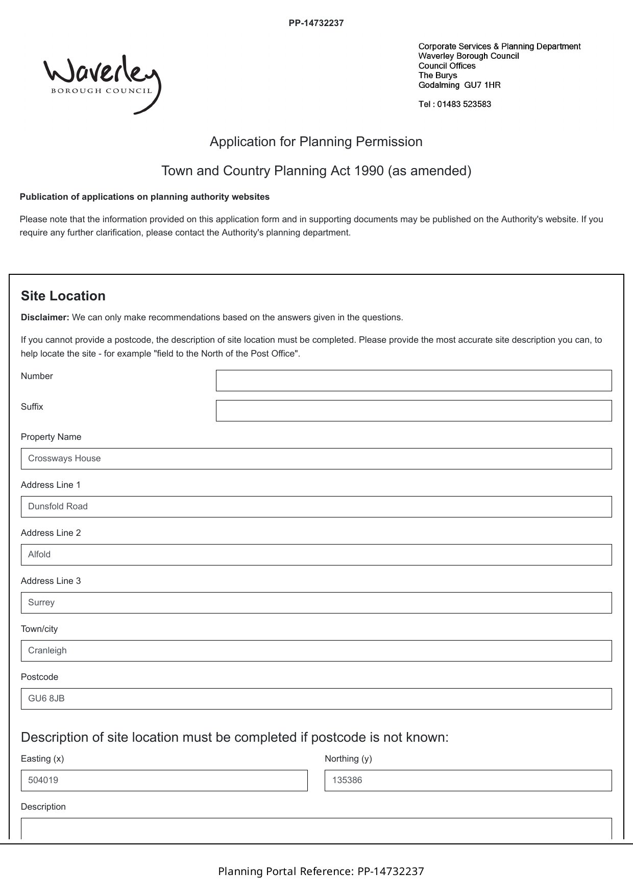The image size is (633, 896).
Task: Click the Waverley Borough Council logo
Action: (x=102, y=83)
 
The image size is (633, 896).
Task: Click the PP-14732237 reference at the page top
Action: (x=316, y=23)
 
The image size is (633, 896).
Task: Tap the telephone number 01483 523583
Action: (x=464, y=104)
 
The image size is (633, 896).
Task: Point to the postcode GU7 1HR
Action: (x=482, y=85)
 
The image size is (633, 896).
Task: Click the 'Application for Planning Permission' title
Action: (x=316, y=142)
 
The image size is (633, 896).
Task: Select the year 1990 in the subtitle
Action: (x=369, y=171)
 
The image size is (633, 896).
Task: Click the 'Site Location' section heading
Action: (x=63, y=296)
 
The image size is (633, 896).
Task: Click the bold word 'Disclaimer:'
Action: (x=45, y=317)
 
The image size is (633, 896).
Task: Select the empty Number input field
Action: (x=413, y=381)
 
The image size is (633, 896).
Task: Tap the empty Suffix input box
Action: (x=413, y=411)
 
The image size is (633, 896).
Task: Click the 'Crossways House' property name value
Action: (x=64, y=459)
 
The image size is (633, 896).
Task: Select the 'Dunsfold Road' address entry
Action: (x=58, y=507)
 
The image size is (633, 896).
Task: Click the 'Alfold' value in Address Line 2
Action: (x=39, y=555)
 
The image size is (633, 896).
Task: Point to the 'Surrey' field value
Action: (x=41, y=603)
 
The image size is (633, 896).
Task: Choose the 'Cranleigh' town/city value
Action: (x=47, y=651)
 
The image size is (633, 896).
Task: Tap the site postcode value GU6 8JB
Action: (x=46, y=699)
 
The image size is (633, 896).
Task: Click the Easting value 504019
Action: (x=43, y=781)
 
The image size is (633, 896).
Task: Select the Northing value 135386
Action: (x=347, y=781)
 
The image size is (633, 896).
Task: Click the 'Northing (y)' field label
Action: (x=348, y=759)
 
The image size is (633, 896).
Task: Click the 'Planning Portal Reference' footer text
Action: (x=321, y=871)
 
